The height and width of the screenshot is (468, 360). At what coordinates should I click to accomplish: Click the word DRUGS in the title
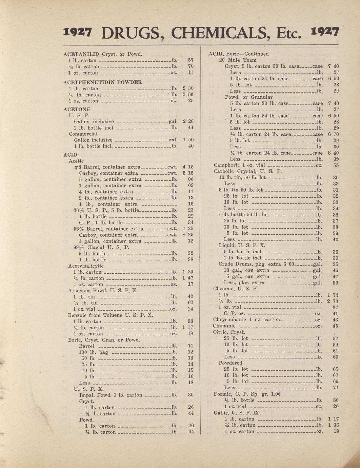tap(131, 33)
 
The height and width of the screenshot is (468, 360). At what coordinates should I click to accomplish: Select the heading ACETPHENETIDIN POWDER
tap(102, 82)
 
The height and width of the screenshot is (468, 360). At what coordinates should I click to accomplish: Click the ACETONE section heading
tap(77, 109)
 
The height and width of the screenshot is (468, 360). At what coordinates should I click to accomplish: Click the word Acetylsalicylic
tap(86, 266)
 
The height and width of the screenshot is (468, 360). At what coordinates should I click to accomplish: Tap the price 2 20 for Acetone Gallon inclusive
tap(188, 121)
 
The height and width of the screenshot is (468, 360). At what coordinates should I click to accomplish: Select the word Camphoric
tap(225, 165)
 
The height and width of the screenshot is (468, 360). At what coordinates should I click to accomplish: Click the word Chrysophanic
tap(229, 319)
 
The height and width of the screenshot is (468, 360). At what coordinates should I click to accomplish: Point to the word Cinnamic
tap(224, 326)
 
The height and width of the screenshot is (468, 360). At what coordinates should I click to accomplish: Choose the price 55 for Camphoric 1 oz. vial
tap(336, 165)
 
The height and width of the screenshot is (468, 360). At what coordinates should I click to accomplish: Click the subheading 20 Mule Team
tap(238, 60)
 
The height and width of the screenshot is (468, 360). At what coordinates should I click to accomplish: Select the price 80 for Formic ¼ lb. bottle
tap(336, 400)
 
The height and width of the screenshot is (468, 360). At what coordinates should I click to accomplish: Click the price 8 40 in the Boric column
tap(334, 153)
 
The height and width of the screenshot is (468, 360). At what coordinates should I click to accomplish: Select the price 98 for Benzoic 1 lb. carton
tap(191, 321)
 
